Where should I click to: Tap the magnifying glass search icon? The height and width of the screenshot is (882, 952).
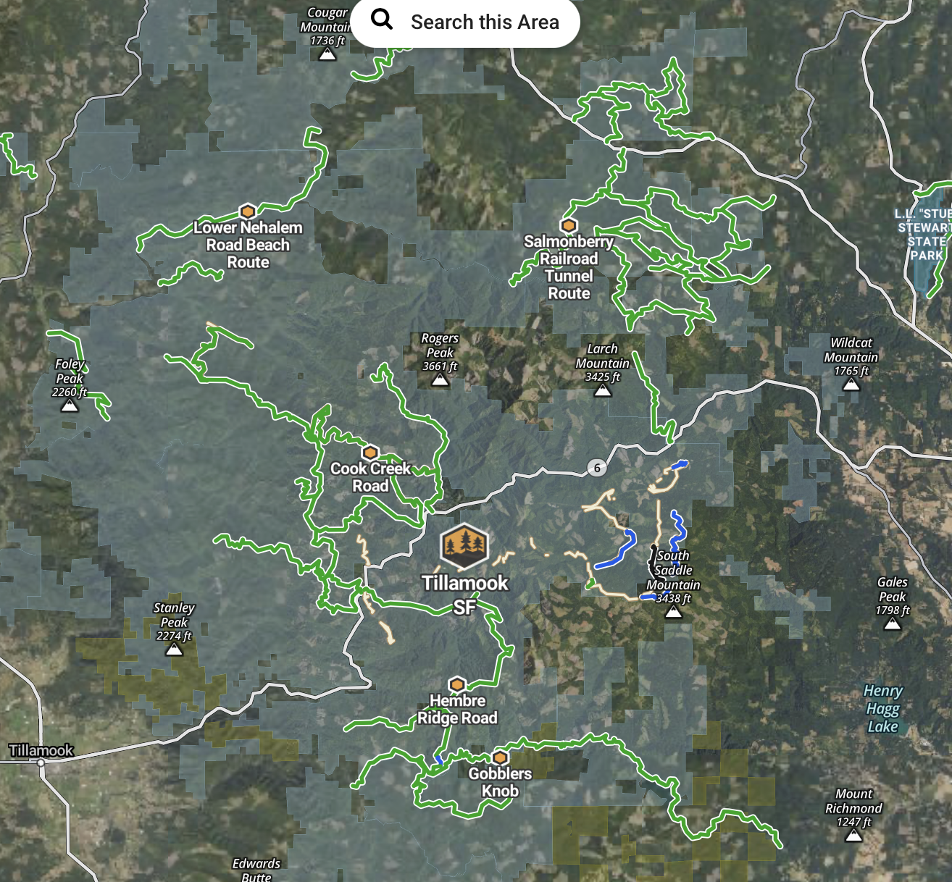coord(382,20)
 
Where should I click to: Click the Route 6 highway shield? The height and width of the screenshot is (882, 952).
coord(597,468)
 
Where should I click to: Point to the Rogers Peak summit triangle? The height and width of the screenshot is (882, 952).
coord(440,380)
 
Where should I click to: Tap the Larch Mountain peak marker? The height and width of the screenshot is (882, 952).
coord(603,391)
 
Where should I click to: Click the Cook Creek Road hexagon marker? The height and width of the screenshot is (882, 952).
coord(370,453)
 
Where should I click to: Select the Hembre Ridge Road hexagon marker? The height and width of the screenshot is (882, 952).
coord(456,684)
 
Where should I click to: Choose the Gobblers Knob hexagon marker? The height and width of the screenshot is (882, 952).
coord(500,757)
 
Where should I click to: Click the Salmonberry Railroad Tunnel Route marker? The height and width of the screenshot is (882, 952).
coord(569,225)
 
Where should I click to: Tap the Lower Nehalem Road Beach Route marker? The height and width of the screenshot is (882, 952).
coord(248,211)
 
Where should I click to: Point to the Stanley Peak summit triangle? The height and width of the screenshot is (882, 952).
coord(174,650)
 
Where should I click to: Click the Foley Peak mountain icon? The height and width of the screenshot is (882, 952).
coord(70,406)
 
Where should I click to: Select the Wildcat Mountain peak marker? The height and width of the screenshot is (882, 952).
coord(851,385)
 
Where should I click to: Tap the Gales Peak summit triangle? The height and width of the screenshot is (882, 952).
coord(893,624)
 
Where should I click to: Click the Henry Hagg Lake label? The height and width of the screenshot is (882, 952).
coord(883,708)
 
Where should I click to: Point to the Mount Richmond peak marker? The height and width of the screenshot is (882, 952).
coord(854,836)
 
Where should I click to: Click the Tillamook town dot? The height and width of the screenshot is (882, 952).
coord(41,763)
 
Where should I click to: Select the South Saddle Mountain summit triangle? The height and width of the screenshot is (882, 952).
coord(673,613)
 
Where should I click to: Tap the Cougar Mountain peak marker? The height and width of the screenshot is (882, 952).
coord(327,54)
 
